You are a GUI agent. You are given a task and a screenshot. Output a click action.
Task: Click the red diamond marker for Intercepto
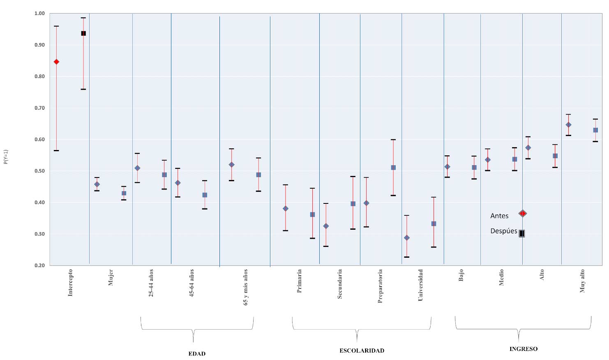(x=56, y=62)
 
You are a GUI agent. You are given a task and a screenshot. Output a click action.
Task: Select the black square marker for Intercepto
(x=83, y=33)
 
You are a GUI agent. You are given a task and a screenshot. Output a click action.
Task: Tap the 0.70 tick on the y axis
(x=39, y=108)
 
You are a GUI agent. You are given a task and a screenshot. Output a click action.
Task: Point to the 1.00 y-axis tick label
(x=39, y=14)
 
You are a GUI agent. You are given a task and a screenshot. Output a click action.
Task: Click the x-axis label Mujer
(x=111, y=277)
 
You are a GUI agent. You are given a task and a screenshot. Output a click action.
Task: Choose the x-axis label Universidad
(x=420, y=285)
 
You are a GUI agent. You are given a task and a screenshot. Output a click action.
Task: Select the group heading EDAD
(x=197, y=354)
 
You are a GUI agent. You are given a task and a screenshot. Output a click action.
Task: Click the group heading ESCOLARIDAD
(x=362, y=351)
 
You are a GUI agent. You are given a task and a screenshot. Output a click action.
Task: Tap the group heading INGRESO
(x=523, y=349)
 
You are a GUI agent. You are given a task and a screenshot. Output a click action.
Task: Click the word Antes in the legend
(x=499, y=216)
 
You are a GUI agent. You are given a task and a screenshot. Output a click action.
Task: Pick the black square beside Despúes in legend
(x=522, y=233)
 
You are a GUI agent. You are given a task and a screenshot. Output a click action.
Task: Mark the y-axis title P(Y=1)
(x=6, y=157)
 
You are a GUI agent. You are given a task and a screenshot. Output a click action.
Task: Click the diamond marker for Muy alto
(x=568, y=125)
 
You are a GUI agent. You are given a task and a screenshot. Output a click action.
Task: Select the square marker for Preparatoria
(x=393, y=168)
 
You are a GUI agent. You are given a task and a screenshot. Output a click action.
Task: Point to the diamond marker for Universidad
(x=407, y=238)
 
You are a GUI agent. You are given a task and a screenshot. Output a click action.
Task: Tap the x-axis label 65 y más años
(x=246, y=287)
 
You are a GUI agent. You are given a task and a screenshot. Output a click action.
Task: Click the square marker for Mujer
(x=124, y=193)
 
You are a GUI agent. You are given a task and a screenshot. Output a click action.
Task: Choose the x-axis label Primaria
(x=299, y=281)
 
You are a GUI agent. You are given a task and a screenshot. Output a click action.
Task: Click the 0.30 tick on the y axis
(x=39, y=234)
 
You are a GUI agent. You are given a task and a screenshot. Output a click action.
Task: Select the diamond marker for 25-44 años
(x=137, y=168)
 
